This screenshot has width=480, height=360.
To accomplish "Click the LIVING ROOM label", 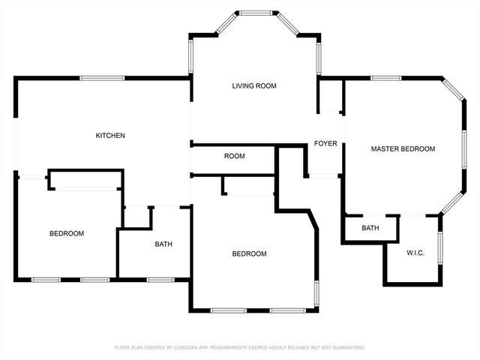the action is pyautogui.click(x=254, y=86).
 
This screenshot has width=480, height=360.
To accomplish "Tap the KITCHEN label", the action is pyautogui.click(x=110, y=135).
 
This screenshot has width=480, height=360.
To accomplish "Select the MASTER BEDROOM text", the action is pyautogui.click(x=403, y=149).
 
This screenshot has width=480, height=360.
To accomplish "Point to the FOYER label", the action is pyautogui.click(x=325, y=143).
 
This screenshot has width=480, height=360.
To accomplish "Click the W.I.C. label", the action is pyautogui.click(x=415, y=253).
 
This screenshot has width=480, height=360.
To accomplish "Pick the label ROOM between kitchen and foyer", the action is pyautogui.click(x=235, y=156).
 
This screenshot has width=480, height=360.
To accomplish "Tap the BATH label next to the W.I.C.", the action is pyautogui.click(x=370, y=228).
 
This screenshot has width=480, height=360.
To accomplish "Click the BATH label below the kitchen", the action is pyautogui.click(x=163, y=244).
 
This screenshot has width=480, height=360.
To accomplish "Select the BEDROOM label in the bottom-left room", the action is pyautogui.click(x=67, y=233).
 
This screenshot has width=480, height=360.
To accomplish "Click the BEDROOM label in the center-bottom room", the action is pyautogui.click(x=249, y=253).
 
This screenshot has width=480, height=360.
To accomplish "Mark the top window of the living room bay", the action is pyautogui.click(x=255, y=13).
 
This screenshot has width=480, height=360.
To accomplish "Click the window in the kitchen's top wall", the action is pyautogui.click(x=102, y=78).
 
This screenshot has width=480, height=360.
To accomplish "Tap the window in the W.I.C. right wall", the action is pyautogui.click(x=440, y=248).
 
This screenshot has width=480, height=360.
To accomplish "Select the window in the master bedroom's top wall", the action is pyautogui.click(x=385, y=78).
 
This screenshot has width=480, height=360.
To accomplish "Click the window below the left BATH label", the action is pyautogui.click(x=160, y=280).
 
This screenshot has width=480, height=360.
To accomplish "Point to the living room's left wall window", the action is pyautogui.click(x=190, y=56).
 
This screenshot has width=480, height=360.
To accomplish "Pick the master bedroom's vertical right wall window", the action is pyautogui.click(x=464, y=149).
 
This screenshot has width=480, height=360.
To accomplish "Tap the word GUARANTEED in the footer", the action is pyautogui.click(x=349, y=347).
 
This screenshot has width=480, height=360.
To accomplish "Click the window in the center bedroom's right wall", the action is pyautogui.click(x=316, y=295).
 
